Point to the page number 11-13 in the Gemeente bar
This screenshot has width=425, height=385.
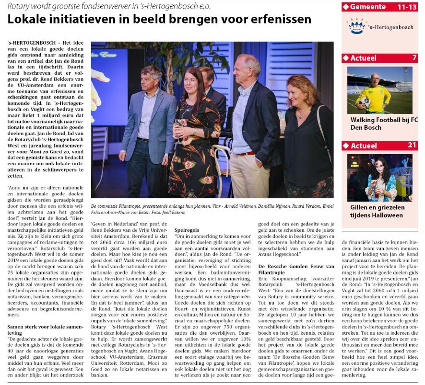tap(407, 7)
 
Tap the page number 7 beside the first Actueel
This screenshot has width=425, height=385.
tap(414, 58)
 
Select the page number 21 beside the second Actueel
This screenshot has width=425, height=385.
tap(412, 145)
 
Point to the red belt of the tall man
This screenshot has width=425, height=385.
tap(247, 153)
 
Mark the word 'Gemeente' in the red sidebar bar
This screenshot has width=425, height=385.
tap(368, 7)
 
